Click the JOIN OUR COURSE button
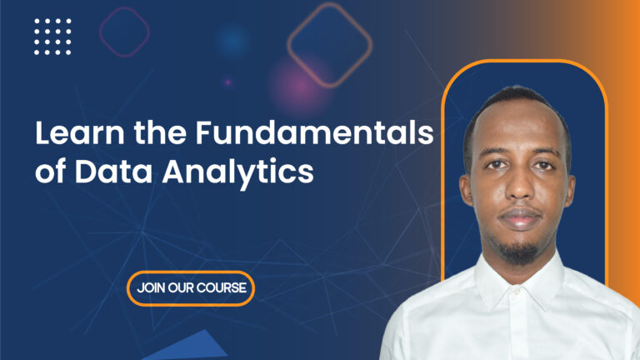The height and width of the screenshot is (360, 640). click(x=191, y=288)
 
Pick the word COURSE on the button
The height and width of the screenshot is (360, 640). click(x=220, y=288)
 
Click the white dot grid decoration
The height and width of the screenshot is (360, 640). click(x=52, y=37)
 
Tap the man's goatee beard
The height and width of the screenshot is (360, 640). click(x=519, y=247)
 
